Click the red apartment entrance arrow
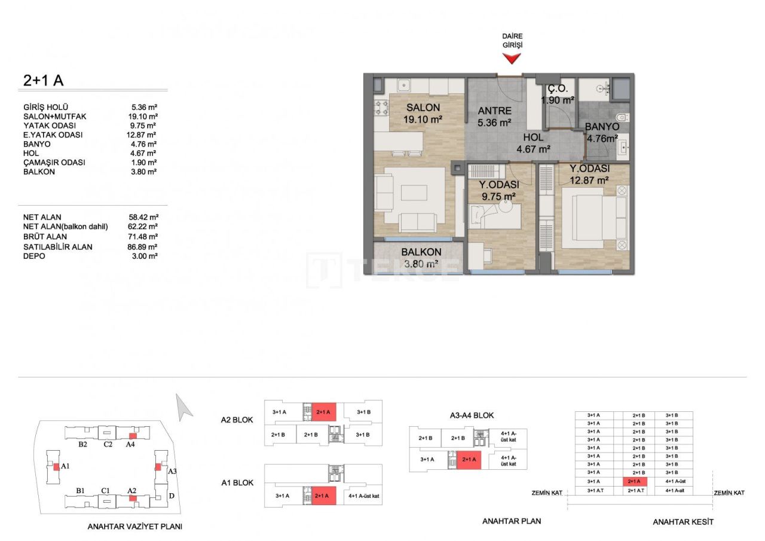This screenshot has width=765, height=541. point(511,58)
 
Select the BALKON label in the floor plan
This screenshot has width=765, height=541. point(421,252)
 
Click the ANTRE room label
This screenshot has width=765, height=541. point(495,111)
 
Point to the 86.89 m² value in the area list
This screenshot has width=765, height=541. point(143,246)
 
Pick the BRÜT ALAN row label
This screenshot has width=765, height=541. point(45,237)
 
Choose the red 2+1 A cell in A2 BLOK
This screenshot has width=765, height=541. point(323,412)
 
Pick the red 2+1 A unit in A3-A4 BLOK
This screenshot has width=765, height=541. point(469,460)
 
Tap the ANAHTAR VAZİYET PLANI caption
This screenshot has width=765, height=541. point(134,527)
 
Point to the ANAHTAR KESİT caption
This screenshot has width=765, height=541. point(683,522)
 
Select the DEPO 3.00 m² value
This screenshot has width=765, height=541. point(143,256)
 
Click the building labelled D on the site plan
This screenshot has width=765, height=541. point(171,496)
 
